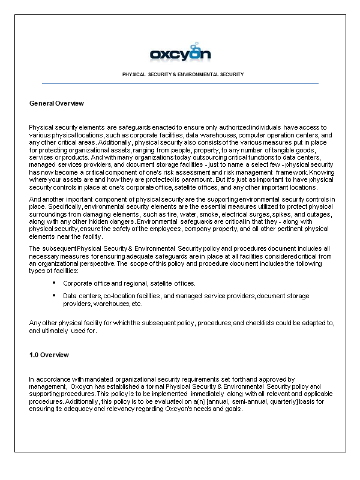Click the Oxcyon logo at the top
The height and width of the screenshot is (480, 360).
(x=180, y=53)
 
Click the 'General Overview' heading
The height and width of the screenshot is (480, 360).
(x=56, y=103)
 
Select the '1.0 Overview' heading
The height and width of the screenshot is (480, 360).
(x=49, y=355)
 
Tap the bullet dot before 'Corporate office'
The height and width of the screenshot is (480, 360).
(x=55, y=282)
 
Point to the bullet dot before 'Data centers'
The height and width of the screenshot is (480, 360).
(x=55, y=295)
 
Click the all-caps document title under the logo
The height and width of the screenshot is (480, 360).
(x=182, y=74)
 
